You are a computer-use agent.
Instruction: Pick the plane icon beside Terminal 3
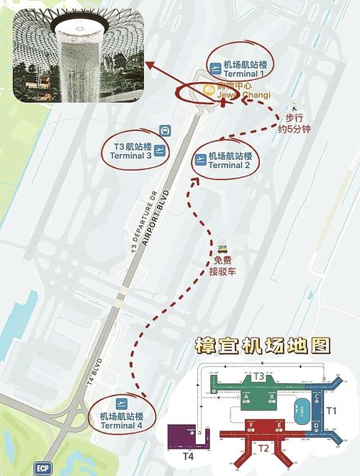tap(160, 151)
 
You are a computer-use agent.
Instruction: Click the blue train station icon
tap(165, 131)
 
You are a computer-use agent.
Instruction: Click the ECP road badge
tap(44, 467)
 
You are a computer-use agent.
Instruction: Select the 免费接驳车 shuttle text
tap(223, 266)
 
